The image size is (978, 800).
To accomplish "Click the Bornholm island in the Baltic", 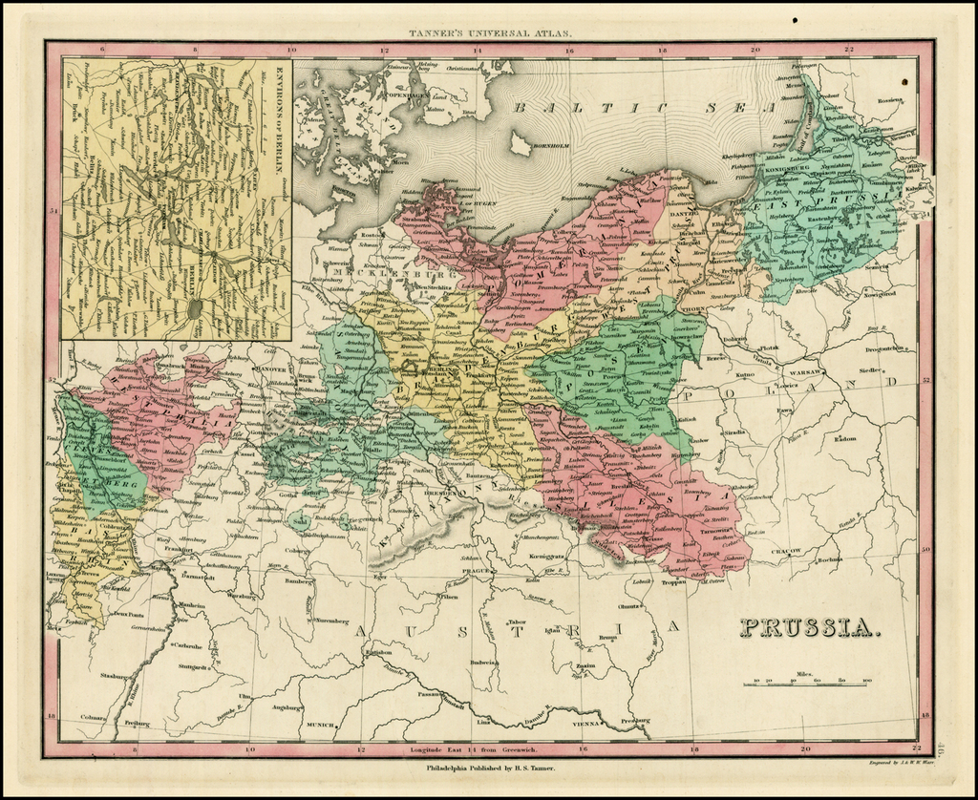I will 521,144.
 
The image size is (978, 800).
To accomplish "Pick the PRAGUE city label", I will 475,570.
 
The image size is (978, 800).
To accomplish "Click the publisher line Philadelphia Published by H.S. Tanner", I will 489,768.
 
